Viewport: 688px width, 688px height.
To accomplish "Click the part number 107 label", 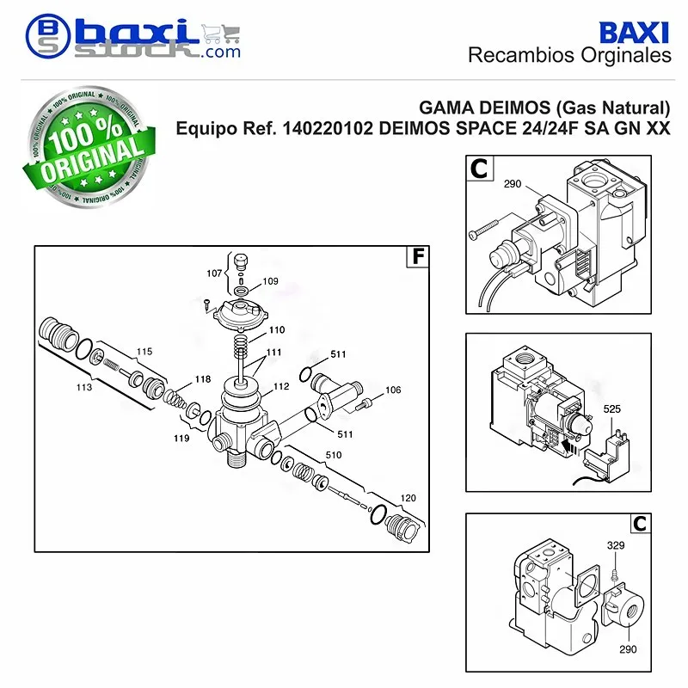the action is click(x=214, y=273).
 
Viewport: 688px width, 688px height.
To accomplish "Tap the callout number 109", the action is click(x=270, y=281).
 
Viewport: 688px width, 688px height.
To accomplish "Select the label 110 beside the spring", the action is click(x=277, y=330).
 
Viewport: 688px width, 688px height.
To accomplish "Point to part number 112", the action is click(x=281, y=386).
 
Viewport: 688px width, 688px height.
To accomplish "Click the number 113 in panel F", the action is click(x=84, y=387).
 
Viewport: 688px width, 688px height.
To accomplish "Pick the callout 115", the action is click(x=144, y=352).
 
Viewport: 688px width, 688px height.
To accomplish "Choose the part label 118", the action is click(x=203, y=379).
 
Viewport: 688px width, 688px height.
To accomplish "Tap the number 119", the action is click(x=181, y=438).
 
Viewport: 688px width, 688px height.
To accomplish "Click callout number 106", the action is click(x=393, y=390).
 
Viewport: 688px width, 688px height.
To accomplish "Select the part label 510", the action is click(x=334, y=455).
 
